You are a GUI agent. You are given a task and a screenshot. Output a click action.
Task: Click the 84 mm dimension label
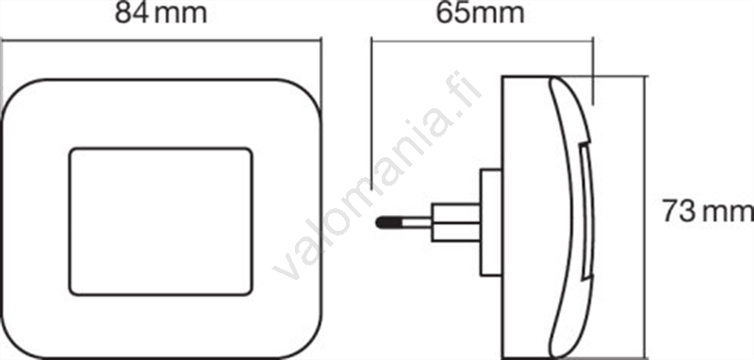pyautogui.click(x=161, y=13)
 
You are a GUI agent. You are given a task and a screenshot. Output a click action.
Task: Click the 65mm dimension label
pyautogui.click(x=480, y=13)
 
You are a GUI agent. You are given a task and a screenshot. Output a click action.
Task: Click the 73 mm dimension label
pyautogui.click(x=708, y=211)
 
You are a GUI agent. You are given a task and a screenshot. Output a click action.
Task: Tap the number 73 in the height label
pyautogui.click(x=679, y=211)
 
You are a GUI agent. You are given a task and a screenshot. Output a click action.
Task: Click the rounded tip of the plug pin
pyautogui.click(x=380, y=222)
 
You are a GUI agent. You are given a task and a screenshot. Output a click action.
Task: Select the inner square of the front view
pyautogui.click(x=160, y=221)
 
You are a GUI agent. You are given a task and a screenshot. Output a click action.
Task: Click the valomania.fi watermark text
pyautogui.click(x=376, y=177)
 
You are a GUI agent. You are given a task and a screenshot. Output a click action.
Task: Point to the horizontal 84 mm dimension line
pyautogui.click(x=161, y=41)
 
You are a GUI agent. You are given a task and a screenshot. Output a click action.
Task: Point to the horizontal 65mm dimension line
pyautogui.click(x=483, y=41)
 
